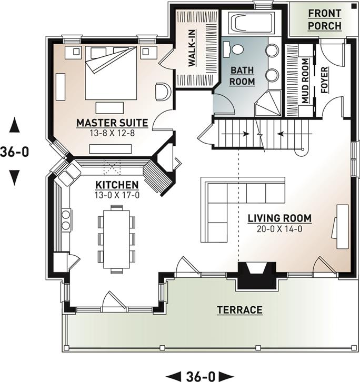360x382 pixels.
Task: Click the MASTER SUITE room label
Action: point(112,123)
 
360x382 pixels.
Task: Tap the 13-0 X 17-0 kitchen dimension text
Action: point(117,195)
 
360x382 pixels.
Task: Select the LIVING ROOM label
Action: point(279,218)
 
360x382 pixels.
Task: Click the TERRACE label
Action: point(239,310)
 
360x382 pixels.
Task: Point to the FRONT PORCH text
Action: point(325,19)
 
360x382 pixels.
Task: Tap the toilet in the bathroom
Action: point(233,49)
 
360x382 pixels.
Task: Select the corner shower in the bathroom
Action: point(268,103)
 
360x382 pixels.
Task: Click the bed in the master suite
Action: point(111,73)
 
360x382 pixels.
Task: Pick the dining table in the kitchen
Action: point(116,239)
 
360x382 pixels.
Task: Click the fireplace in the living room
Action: point(257,275)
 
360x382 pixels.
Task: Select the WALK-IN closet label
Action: point(192,48)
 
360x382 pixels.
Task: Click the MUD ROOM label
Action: point(305,81)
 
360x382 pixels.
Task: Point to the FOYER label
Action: point(325,80)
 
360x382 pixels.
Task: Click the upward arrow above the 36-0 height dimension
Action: point(15,125)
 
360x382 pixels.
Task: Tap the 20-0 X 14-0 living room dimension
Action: point(279,229)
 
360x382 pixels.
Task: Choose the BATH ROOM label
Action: point(242,76)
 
